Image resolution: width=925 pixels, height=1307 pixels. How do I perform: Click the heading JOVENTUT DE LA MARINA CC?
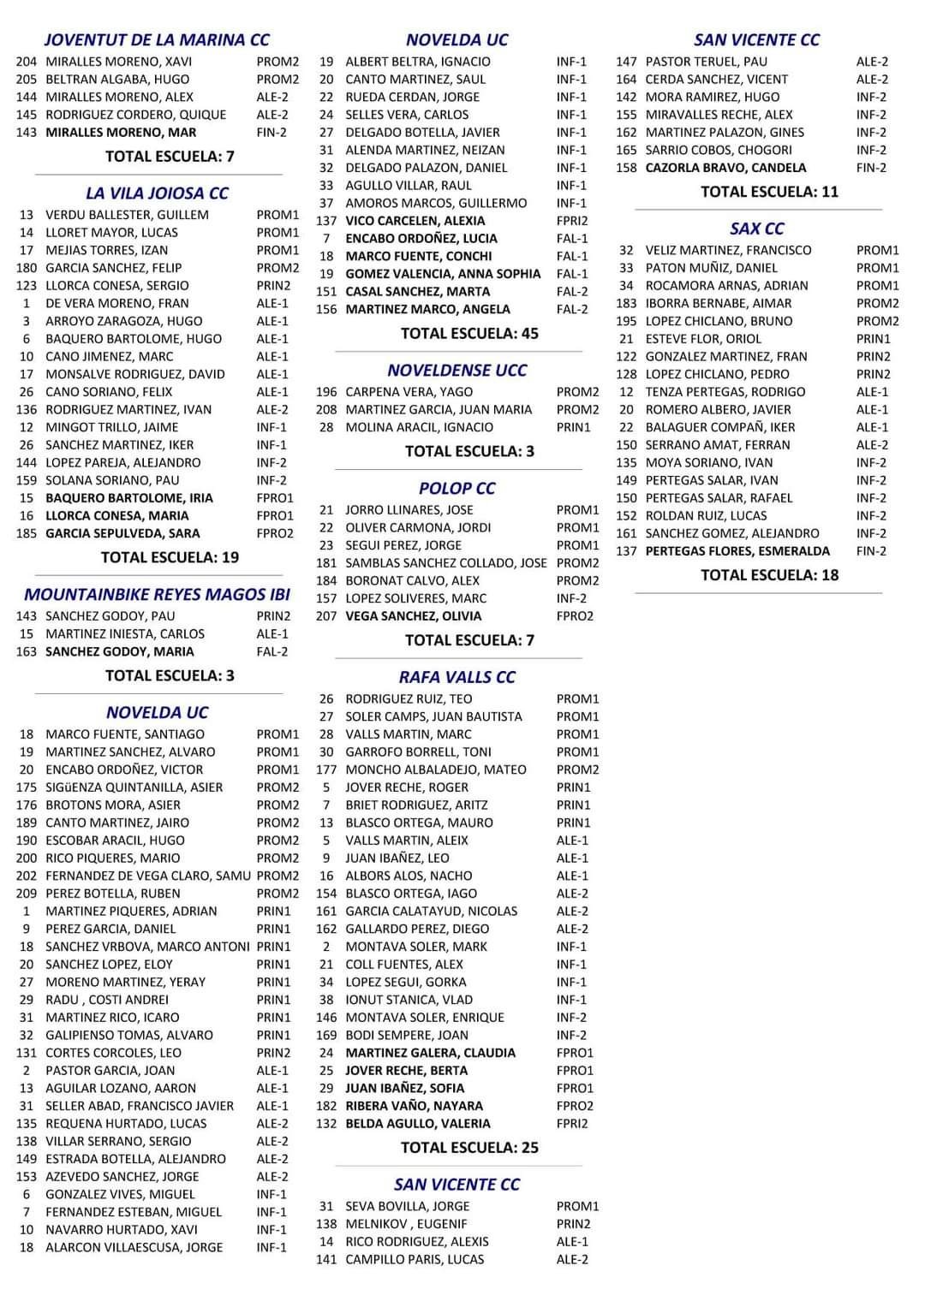[157, 40]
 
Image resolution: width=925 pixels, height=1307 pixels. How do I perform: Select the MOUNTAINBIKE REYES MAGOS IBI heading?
[157, 595]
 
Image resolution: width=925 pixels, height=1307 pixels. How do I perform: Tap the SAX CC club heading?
[757, 229]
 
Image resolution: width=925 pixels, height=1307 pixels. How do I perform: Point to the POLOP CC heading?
[457, 489]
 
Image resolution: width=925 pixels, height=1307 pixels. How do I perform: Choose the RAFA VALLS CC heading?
[457, 678]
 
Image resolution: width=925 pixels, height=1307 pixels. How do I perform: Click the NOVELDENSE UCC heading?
[457, 371]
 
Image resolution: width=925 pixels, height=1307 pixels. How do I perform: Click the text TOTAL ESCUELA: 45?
[469, 334]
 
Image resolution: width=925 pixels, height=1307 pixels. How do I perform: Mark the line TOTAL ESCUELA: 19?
[170, 558]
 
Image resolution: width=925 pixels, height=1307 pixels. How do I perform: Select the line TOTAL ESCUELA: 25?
[469, 1148]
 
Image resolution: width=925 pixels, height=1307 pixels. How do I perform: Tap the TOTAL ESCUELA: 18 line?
[769, 575]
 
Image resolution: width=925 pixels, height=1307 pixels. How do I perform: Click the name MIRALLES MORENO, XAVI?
[118, 62]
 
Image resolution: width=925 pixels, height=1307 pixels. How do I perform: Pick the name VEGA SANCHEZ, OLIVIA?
[413, 616]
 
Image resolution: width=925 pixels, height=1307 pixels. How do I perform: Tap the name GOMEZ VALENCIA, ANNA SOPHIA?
[443, 274]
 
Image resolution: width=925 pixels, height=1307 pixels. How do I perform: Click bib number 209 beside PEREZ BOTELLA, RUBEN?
[26, 894]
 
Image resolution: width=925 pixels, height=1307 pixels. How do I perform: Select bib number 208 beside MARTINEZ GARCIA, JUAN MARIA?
[326, 410]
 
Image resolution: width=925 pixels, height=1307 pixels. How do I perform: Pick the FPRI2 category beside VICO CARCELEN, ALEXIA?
[572, 221]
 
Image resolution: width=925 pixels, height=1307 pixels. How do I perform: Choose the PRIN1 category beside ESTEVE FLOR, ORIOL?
[873, 339]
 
